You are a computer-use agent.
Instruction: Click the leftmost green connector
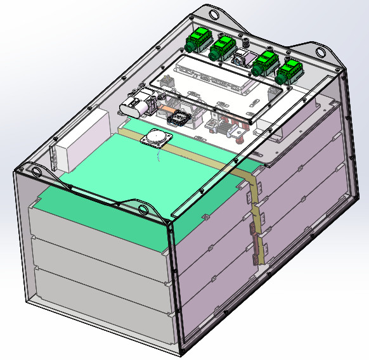[198, 41]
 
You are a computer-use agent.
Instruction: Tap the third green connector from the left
[263, 63]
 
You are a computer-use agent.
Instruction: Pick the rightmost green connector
[288, 71]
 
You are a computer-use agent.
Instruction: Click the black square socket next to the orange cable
[180, 118]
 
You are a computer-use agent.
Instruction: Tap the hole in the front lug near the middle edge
[143, 208]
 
